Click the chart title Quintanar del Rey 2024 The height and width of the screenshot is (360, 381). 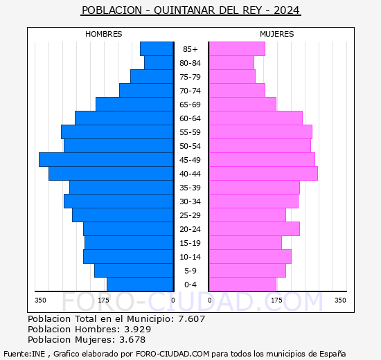click(x=190, y=10)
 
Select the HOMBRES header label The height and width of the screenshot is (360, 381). click(x=104, y=34)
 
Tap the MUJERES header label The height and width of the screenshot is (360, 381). click(x=276, y=34)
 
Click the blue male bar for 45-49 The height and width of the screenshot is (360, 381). click(x=106, y=159)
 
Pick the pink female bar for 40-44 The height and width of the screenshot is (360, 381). click(x=263, y=173)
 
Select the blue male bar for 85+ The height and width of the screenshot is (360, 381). click(x=157, y=48)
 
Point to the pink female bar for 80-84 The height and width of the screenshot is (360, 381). click(x=231, y=62)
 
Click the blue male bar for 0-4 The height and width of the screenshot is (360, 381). click(x=140, y=284)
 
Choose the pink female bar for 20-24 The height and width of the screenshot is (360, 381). click(x=254, y=228)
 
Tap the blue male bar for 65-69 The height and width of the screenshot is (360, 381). click(x=134, y=104)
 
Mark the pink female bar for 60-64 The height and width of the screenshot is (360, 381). click(x=255, y=118)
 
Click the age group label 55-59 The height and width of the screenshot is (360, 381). click(x=190, y=132)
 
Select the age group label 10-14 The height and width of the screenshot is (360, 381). click(x=190, y=257)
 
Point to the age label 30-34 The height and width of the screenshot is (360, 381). click(x=190, y=201)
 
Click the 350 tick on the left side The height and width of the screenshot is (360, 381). click(x=41, y=300)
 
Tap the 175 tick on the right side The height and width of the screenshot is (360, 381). click(x=277, y=300)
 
